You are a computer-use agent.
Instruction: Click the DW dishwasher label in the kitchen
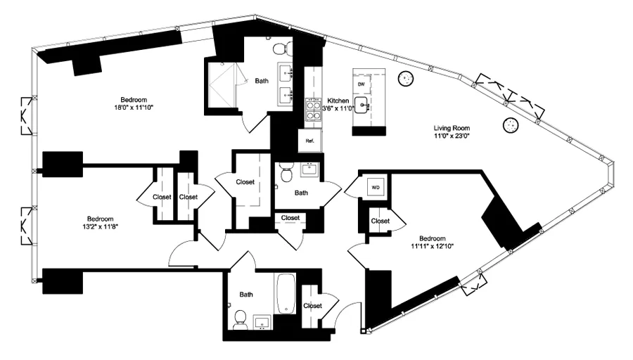(362, 84)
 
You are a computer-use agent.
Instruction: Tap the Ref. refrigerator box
(309, 141)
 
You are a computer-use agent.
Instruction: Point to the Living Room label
(452, 128)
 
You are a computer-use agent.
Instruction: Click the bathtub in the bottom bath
(286, 294)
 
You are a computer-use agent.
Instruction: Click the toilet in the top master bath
(281, 48)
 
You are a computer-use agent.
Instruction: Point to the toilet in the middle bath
(285, 172)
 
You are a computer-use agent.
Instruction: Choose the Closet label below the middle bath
(290, 218)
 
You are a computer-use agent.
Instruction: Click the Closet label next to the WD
(381, 221)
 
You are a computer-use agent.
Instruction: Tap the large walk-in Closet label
(245, 181)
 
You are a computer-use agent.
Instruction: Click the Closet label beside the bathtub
(312, 306)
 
